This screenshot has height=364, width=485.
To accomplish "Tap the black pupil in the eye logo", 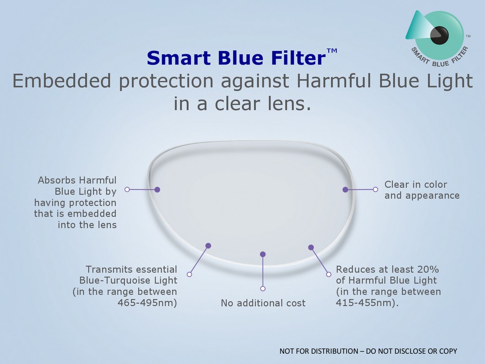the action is coord(439,34).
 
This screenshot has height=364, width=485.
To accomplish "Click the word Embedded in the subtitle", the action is coord(62,81).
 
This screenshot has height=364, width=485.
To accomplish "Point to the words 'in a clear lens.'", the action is coord(242,103).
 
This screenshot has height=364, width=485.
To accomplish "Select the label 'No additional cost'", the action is coord(263,303).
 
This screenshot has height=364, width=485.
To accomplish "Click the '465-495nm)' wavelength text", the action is coord(147,302).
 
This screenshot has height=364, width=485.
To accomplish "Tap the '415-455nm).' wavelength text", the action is coord(367,302).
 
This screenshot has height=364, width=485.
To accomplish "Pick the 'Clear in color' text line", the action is coord(416,184).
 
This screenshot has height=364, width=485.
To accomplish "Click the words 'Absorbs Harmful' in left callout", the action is coord(77,180).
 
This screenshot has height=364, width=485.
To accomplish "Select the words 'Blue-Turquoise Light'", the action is coord(129,281).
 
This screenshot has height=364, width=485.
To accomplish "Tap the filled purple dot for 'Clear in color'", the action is coord(345,189).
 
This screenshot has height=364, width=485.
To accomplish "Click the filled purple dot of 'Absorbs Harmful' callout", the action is coord(157,189).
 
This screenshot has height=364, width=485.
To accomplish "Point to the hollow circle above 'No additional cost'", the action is coord(263,288).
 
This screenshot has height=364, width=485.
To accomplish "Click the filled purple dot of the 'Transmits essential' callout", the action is coord(208,246).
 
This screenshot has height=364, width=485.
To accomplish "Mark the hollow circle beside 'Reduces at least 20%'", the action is coord(329,274).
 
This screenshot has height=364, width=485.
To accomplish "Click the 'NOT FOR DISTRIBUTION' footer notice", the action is coord(368,351).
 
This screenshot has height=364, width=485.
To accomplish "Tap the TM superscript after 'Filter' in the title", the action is coord(332,50).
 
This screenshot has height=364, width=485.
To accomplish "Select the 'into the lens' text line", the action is coord(87,225).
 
